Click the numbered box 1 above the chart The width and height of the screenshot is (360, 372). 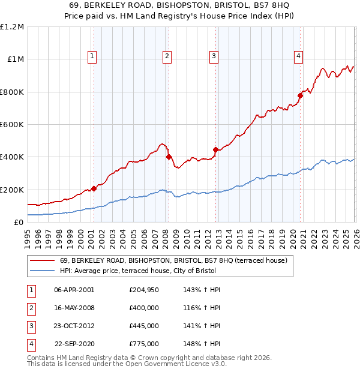(92, 56)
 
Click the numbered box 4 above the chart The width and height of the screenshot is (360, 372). (298, 56)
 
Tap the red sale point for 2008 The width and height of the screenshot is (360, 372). (169, 157)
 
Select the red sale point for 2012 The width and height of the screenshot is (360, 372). (215, 149)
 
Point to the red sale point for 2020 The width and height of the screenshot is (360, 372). (301, 95)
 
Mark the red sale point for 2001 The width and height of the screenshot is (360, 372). (94, 188)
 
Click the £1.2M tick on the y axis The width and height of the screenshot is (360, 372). (12, 27)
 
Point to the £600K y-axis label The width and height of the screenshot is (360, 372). (12, 125)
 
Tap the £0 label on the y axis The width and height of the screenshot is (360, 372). (19, 223)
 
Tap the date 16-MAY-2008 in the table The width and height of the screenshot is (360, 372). (74, 308)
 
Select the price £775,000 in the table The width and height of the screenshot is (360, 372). (143, 344)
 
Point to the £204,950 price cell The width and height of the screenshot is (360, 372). (143, 290)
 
